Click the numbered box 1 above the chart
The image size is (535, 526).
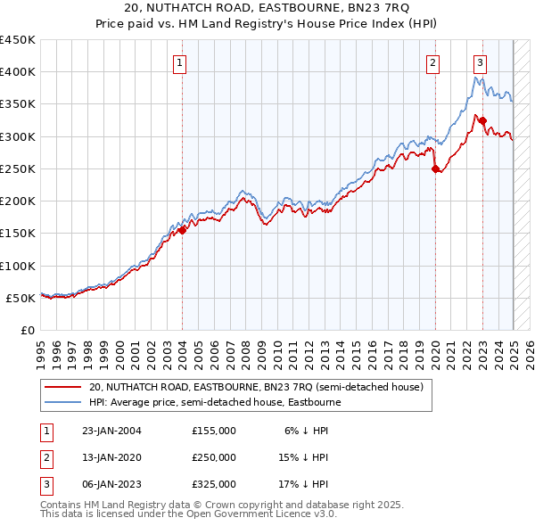click(x=180, y=62)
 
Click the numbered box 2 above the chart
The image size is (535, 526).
click(x=432, y=62)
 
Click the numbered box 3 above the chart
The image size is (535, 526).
click(x=480, y=62)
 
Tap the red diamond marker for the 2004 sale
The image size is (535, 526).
click(x=182, y=230)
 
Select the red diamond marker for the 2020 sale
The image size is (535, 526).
click(x=435, y=168)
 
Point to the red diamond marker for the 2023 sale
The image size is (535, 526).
click(x=482, y=120)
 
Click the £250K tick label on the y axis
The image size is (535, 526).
click(x=18, y=168)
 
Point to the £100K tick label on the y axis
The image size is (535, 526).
click(x=18, y=266)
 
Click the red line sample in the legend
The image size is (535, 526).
click(x=62, y=388)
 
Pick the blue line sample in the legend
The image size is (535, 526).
click(x=62, y=402)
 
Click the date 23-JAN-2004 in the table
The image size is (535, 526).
click(x=111, y=431)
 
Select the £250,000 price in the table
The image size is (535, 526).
click(x=214, y=457)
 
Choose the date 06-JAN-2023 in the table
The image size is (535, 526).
click(x=111, y=484)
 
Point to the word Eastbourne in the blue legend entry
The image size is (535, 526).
click(x=314, y=402)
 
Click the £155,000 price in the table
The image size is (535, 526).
click(x=214, y=431)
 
